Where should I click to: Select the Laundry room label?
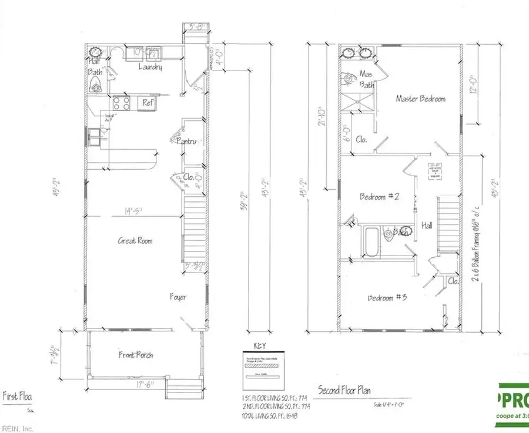point(150,68)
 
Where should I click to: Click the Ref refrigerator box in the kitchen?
point(147,103)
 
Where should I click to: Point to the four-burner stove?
point(122,103)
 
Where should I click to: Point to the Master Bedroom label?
point(420,99)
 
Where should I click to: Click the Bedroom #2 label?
point(380,197)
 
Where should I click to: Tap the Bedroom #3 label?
point(388,297)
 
